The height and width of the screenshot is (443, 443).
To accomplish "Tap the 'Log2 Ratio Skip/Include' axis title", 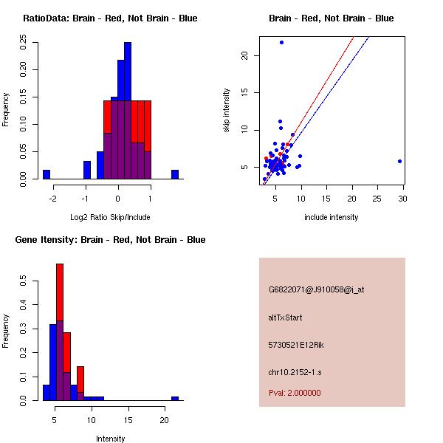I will click(110, 217).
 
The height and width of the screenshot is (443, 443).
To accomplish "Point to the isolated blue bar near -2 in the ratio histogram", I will click(47, 174).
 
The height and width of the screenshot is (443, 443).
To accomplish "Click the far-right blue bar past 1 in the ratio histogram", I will click(175, 174).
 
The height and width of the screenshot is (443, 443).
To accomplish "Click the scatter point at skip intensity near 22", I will click(281, 42).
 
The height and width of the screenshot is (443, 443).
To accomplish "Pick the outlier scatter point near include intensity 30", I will click(399, 161).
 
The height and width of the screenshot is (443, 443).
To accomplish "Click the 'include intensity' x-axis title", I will click(331, 217).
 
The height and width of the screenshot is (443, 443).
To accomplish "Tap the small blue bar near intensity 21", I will click(175, 398).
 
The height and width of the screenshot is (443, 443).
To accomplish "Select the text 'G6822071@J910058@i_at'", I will click(316, 289).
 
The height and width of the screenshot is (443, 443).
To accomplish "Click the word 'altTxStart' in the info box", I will click(285, 317).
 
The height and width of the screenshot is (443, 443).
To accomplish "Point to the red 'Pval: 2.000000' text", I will click(295, 393).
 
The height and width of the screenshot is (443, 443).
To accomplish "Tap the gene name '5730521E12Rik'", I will click(296, 345).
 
